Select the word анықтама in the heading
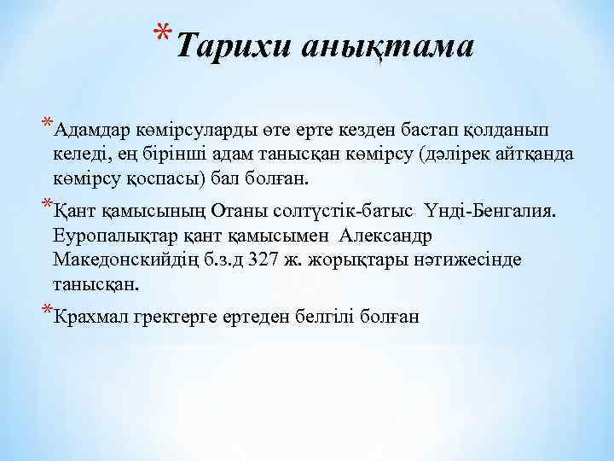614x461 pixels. point(385,46)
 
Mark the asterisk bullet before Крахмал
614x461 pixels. point(46,310)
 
